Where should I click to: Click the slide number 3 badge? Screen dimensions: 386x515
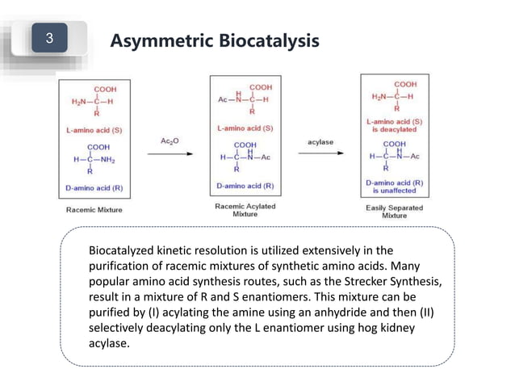click(50, 38)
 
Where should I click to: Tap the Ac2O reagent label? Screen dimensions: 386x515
click(170, 141)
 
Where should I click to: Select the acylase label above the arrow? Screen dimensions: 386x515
click(320, 141)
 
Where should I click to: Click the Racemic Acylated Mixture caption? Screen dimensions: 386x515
click(245, 211)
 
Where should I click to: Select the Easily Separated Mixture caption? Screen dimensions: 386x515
click(394, 212)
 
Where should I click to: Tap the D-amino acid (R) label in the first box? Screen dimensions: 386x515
click(94, 188)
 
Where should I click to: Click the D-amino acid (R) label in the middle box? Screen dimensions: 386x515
click(245, 186)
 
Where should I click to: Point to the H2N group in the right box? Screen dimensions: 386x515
click(382, 96)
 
